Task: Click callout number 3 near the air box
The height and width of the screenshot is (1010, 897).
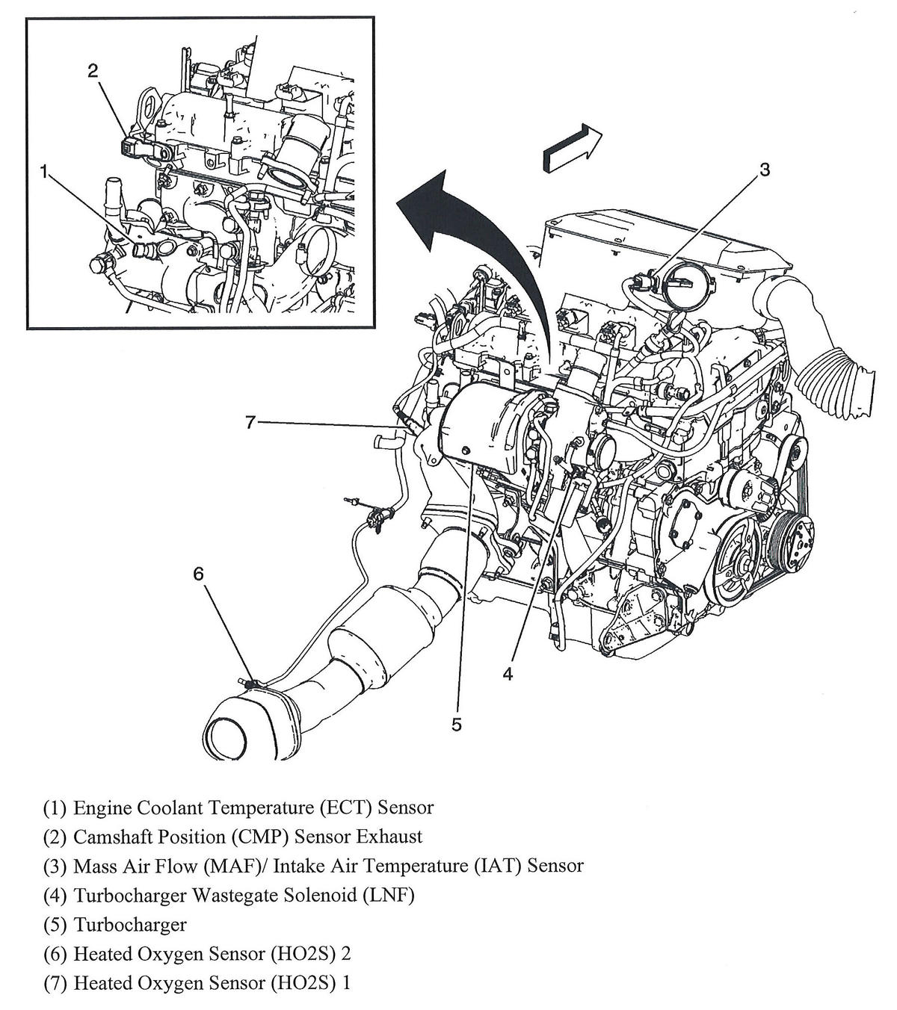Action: coord(764,170)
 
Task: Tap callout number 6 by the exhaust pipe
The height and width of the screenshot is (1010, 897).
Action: coord(198,574)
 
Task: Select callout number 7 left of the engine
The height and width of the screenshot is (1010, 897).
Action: coord(252,423)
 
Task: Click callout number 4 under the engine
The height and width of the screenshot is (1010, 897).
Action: coord(508,674)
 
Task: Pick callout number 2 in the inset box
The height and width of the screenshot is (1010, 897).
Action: coord(93,71)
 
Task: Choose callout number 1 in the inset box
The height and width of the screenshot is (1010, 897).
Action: coord(44,173)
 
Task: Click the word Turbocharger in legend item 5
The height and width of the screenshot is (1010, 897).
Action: coord(130,924)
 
